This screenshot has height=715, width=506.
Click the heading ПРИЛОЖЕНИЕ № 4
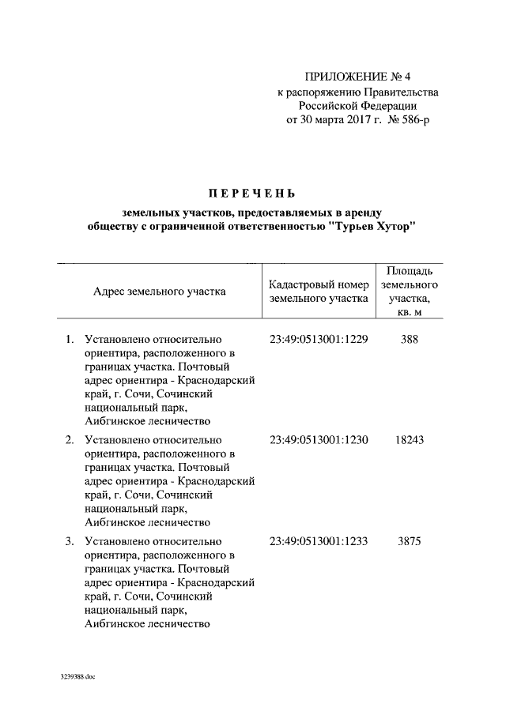pos(358,77)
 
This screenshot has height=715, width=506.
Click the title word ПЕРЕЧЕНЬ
pos(252,193)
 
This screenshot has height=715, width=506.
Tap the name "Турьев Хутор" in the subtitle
pos(372,227)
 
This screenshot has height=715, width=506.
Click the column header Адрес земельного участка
pos(159,292)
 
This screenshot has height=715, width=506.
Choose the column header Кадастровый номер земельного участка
pos(319,292)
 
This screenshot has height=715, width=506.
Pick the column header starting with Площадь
pos(409,270)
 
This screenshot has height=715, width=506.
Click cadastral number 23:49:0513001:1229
pos(319,340)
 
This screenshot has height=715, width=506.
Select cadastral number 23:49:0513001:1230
pos(319,439)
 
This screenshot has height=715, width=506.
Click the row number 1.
pos(70,340)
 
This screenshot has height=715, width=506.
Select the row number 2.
pos(70,439)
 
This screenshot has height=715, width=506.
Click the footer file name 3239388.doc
pos(77,678)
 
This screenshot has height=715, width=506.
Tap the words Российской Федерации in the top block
pos(358,106)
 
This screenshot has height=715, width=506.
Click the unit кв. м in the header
pos(409,314)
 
